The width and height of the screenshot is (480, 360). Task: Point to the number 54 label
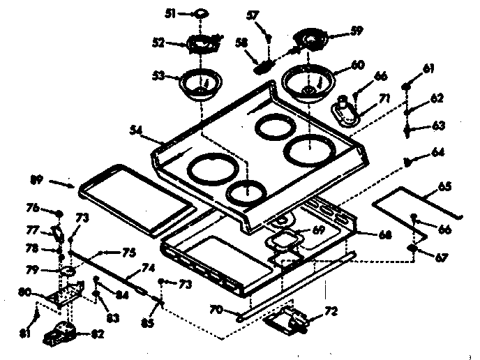pyautogui.click(x=137, y=129)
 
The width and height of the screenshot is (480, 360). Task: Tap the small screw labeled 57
pyautogui.click(x=269, y=36)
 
